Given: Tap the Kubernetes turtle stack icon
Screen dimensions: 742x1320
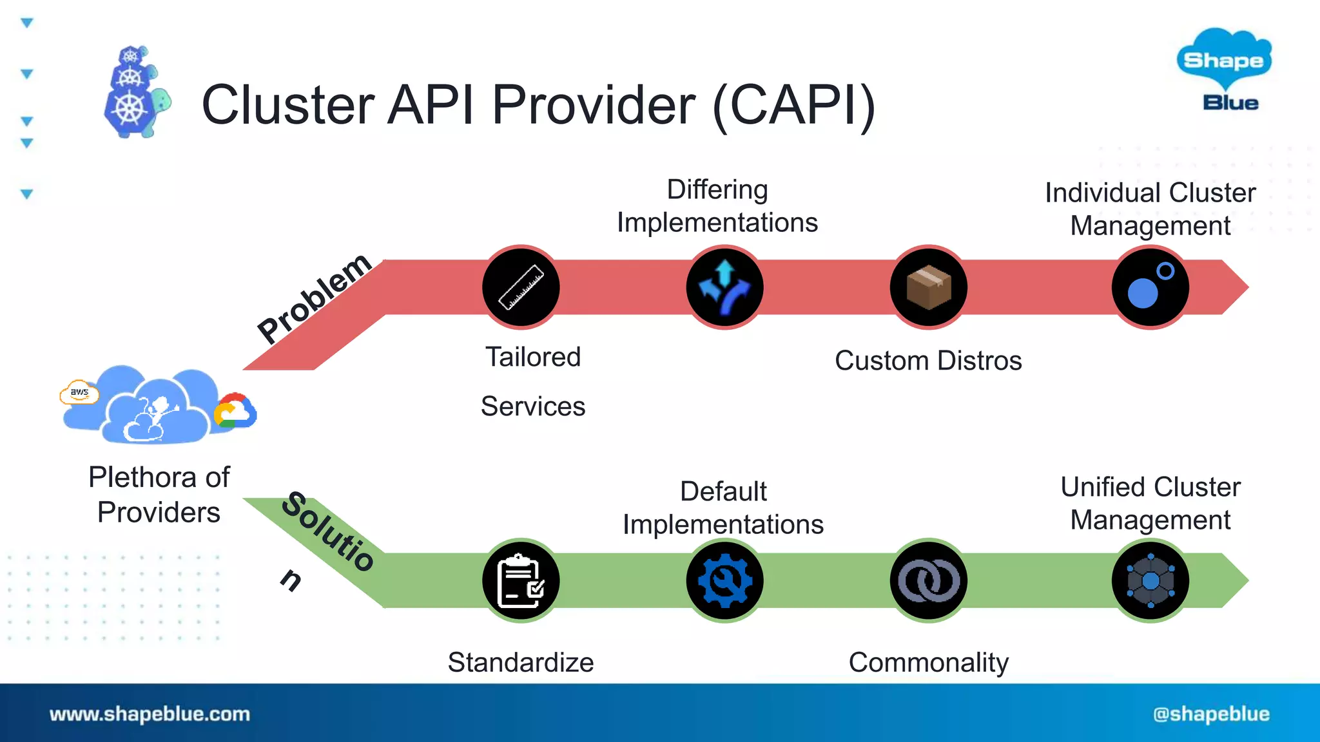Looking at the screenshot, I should [x=136, y=93].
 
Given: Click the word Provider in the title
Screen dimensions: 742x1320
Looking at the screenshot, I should [x=593, y=105].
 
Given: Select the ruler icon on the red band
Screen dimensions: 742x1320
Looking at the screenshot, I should [x=521, y=287].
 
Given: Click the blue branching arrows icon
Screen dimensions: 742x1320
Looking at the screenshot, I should [x=724, y=287].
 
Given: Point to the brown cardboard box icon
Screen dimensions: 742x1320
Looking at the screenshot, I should [x=928, y=287].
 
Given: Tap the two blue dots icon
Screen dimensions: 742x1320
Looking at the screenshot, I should [x=1150, y=287].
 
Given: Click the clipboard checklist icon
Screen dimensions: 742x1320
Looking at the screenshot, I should [x=521, y=580].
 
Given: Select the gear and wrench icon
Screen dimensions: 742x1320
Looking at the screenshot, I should [x=724, y=580].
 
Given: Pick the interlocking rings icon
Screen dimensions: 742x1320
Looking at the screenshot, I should [x=928, y=580].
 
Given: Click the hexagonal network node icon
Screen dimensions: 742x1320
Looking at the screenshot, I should [x=1150, y=580].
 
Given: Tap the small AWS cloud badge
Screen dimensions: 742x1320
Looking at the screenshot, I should [x=79, y=392].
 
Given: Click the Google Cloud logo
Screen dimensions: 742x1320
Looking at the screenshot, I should [x=235, y=411].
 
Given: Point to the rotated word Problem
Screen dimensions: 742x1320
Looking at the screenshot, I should [x=315, y=298].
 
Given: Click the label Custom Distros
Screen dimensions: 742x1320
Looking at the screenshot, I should [x=928, y=361].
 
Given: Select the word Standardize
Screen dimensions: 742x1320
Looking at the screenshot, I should [x=521, y=662].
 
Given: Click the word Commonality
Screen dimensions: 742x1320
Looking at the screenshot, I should [x=928, y=662].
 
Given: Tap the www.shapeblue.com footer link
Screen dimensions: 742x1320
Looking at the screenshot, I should [x=150, y=714].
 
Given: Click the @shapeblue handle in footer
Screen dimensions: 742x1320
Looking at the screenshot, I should [x=1211, y=714].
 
